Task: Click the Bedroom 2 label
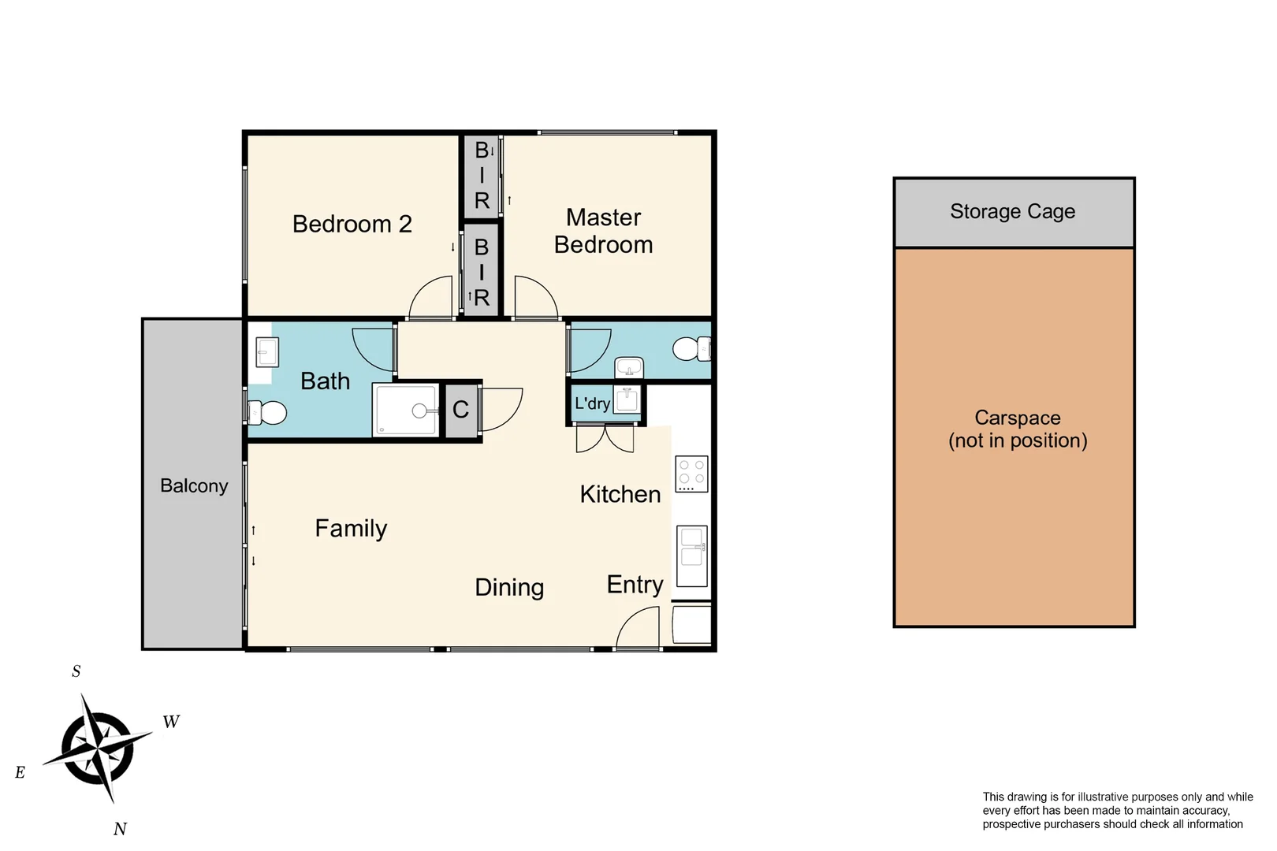point(352,225)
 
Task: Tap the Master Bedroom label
point(603,231)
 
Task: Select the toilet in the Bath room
point(267,413)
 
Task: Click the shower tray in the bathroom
point(405,410)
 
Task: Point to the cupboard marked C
point(461,410)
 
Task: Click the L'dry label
point(592,404)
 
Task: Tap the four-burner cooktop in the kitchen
point(692,474)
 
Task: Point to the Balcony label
point(194,486)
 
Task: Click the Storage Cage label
point(1012,212)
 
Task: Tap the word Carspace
point(1017,418)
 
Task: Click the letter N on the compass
point(120,829)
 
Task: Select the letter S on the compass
point(76,671)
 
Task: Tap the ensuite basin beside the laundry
point(629,368)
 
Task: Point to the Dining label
point(509,588)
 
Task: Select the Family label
point(351,529)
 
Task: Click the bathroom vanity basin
point(266,352)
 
